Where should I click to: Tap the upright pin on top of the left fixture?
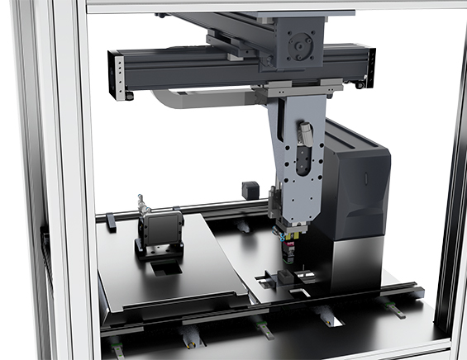(141, 203)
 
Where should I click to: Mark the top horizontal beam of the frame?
(273, 6)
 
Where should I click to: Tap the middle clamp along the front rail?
(262, 328)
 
